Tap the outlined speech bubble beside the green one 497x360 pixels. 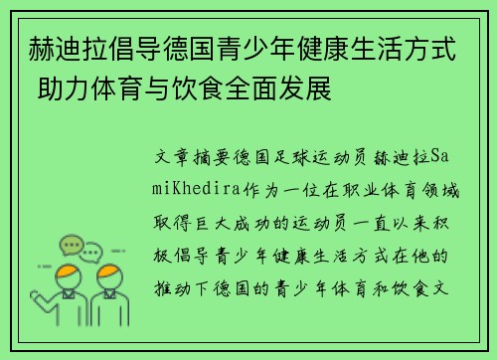coord(91,250)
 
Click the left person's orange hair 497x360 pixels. coord(68,270)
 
